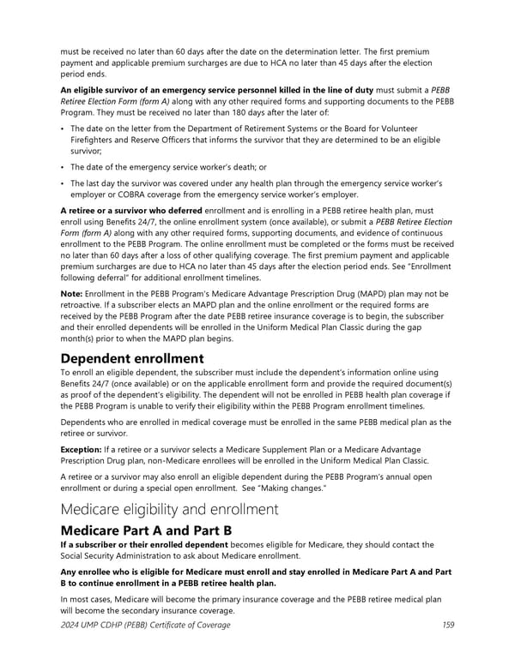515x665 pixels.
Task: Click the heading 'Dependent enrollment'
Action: click(x=132, y=358)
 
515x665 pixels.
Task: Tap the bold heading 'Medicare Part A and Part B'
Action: click(x=146, y=530)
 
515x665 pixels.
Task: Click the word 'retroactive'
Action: click(x=85, y=305)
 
